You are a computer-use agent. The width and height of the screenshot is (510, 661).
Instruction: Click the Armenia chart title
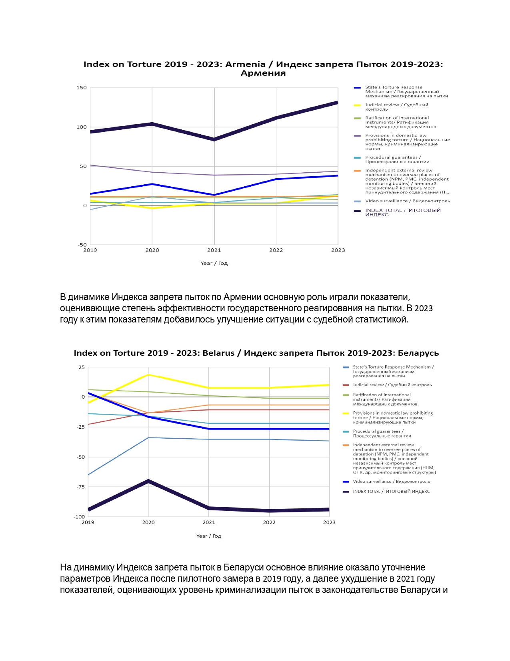click(263, 69)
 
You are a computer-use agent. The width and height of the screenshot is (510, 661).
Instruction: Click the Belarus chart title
click(256, 353)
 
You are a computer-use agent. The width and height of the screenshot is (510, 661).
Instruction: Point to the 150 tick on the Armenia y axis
click(82, 88)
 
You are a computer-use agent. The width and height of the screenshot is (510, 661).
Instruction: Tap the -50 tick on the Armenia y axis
click(82, 244)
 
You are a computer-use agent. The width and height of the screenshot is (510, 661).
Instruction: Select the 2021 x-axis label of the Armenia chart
click(214, 250)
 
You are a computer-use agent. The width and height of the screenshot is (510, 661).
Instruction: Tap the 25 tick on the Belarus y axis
click(82, 367)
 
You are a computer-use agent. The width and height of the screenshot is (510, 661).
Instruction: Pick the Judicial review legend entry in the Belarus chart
click(387, 385)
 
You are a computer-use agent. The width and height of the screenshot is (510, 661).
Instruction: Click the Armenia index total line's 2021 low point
click(214, 140)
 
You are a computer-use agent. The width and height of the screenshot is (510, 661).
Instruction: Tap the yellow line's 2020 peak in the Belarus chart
click(148, 375)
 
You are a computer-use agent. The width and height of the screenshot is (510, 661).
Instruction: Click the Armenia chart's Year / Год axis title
click(214, 263)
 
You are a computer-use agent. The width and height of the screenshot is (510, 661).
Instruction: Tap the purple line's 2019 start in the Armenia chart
click(90, 165)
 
